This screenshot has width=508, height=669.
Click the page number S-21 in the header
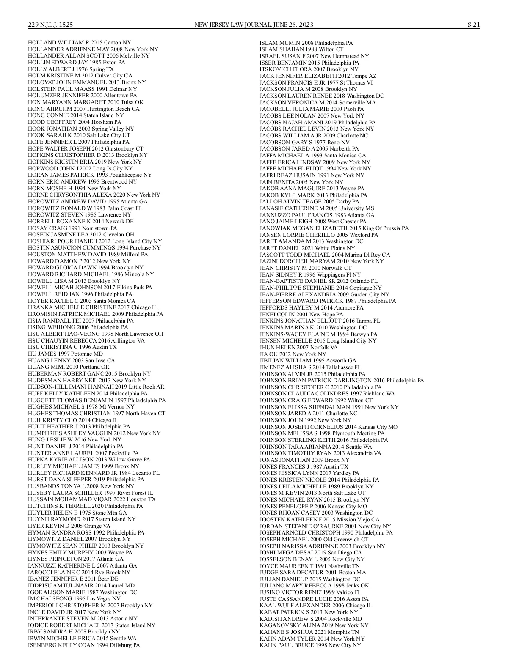coord(473,25)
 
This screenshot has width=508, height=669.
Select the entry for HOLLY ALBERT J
coord(71,69)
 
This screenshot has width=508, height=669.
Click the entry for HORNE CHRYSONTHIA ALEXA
coord(94,195)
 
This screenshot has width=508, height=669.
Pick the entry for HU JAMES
coord(65,354)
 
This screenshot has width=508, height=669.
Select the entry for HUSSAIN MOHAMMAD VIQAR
coord(92,499)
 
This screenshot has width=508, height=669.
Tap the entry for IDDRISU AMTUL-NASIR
coord(81,585)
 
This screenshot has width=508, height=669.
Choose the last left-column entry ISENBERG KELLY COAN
coord(84,645)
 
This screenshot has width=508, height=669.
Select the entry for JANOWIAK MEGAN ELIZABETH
coord(334,228)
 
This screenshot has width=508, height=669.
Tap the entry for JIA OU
coord(293,354)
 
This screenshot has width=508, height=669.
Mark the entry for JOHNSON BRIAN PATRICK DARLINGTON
coord(342,381)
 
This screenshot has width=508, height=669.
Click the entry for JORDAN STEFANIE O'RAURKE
coord(325,526)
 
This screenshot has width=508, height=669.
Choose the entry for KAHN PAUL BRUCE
coord(310,645)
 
